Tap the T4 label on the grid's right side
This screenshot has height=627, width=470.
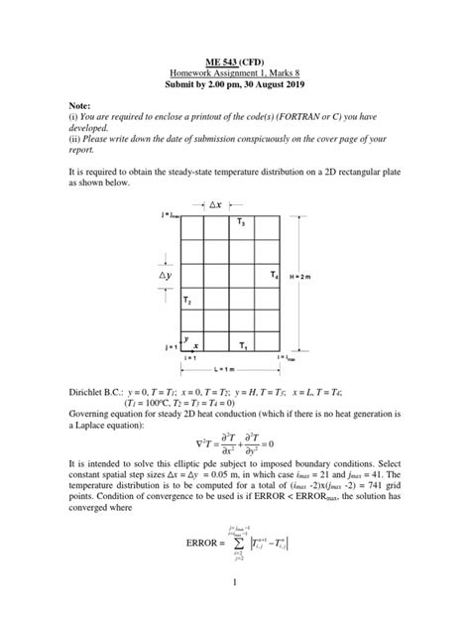pos(274,273)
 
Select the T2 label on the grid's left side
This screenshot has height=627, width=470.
pos(187,299)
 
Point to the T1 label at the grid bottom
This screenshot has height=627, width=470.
pos(243,344)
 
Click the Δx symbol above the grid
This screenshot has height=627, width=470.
pos(215,204)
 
